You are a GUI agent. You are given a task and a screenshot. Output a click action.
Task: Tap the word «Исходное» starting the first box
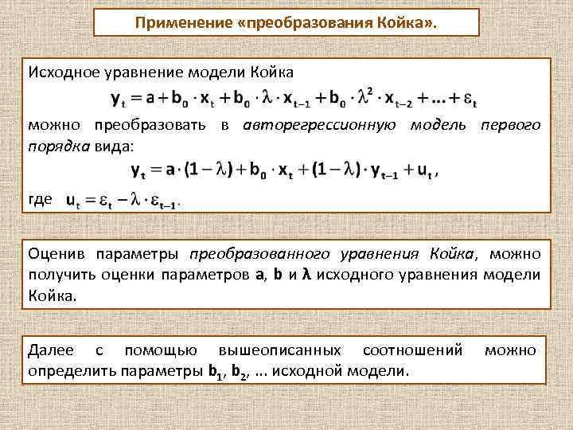[60, 72]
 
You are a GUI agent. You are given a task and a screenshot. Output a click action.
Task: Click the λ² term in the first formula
[366, 96]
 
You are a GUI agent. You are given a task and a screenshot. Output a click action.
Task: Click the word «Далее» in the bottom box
[50, 350]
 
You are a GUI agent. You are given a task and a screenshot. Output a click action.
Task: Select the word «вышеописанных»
[278, 350]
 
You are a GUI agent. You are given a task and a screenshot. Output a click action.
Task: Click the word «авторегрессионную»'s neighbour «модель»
[436, 125]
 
